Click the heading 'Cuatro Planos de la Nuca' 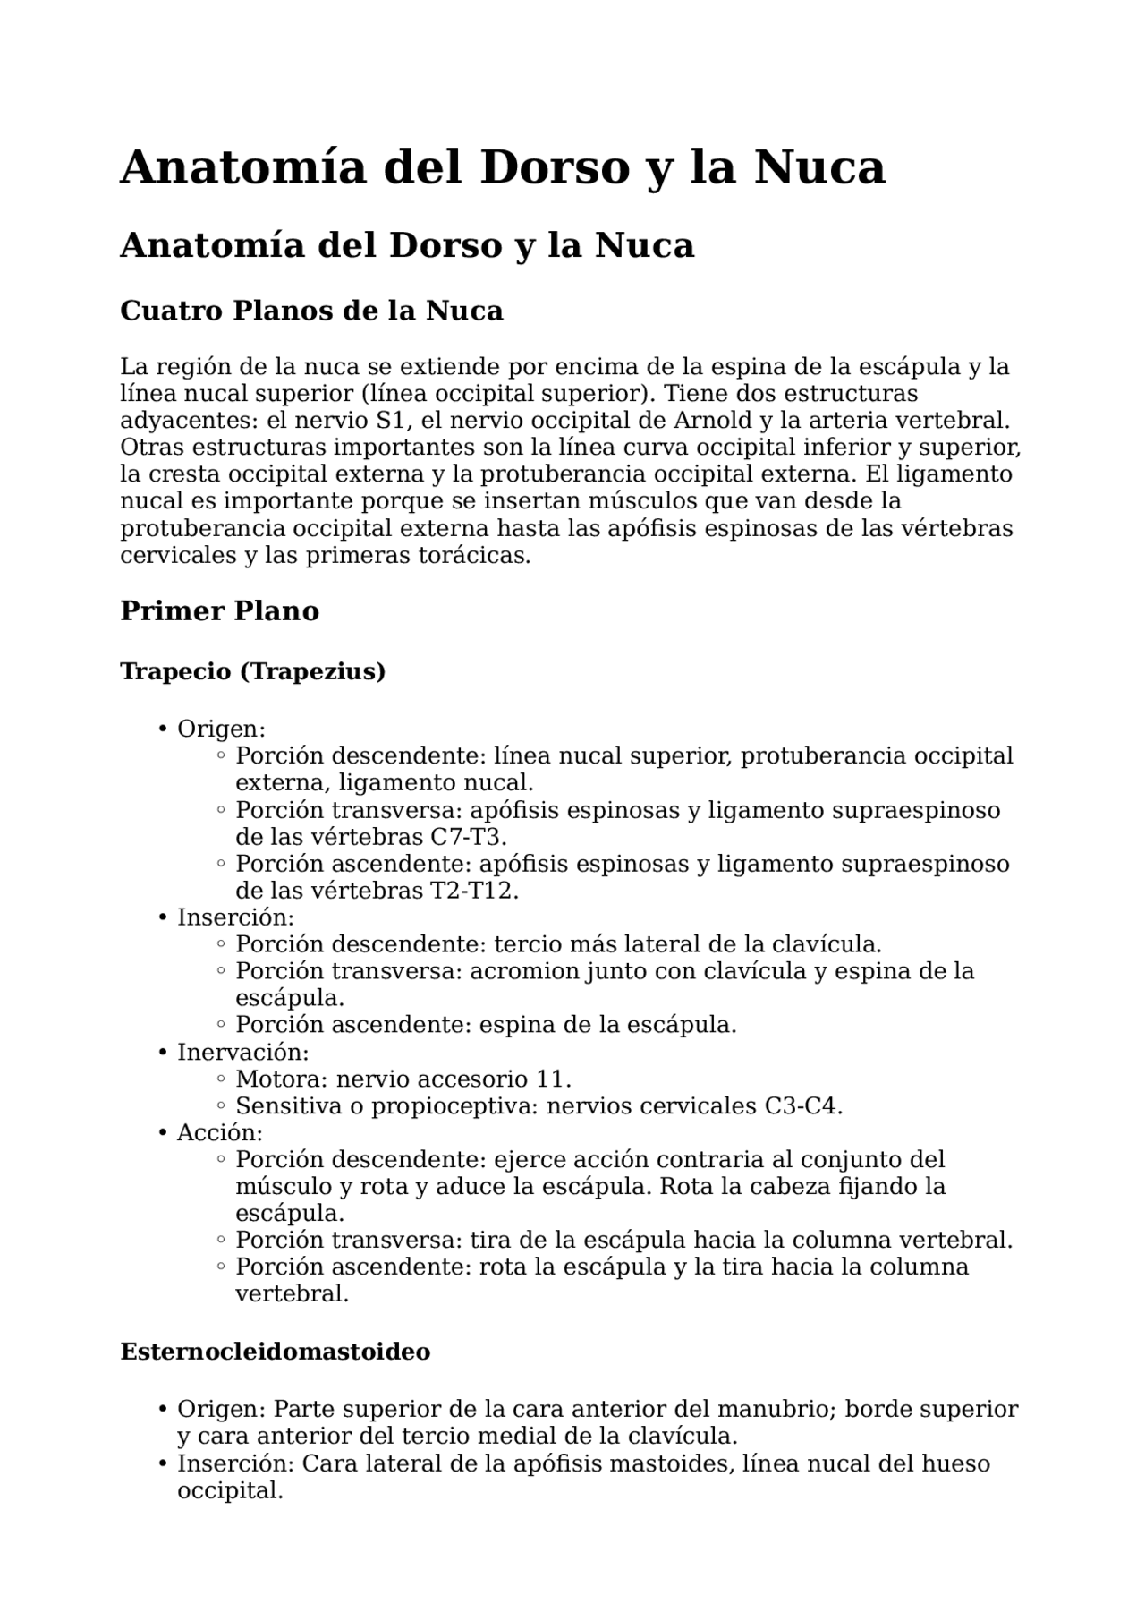[311, 311]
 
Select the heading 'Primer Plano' [219, 610]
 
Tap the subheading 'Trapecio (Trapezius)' [253, 671]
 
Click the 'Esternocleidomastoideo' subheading [276, 1351]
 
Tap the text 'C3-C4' [802, 1105]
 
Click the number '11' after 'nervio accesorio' [551, 1079]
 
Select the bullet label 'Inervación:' [242, 1052]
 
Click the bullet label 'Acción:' [219, 1132]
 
